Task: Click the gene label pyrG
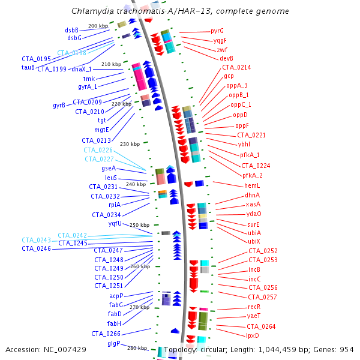[x=217, y=31]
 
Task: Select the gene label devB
[x=226, y=58]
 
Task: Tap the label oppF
[x=242, y=125]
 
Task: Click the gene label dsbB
[x=72, y=30]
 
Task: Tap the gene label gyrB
[x=59, y=106]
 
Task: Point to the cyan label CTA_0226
[x=98, y=150]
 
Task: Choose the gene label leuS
[x=110, y=178]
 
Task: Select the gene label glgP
[x=113, y=344]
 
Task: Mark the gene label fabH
[x=114, y=323]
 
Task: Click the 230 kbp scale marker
[x=130, y=144]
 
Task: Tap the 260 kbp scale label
[x=140, y=266]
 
